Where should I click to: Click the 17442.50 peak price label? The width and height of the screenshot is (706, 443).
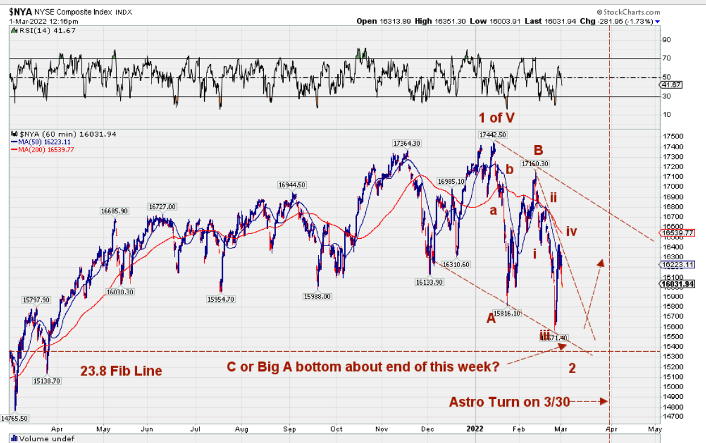tap(492, 135)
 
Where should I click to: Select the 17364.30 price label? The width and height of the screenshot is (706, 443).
tap(406, 143)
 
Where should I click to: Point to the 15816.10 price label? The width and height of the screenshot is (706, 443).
tap(507, 314)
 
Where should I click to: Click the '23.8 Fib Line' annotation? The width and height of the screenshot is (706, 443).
tap(121, 371)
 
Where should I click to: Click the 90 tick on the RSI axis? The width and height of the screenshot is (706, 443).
tap(667, 40)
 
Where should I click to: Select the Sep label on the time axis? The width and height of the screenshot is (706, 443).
tap(290, 428)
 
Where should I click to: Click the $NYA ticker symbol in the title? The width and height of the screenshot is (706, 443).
tap(20, 11)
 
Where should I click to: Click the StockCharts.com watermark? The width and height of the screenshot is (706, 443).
tap(628, 11)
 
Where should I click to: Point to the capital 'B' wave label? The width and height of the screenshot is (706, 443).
tap(538, 149)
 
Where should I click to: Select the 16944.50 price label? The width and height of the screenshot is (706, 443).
tap(292, 185)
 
